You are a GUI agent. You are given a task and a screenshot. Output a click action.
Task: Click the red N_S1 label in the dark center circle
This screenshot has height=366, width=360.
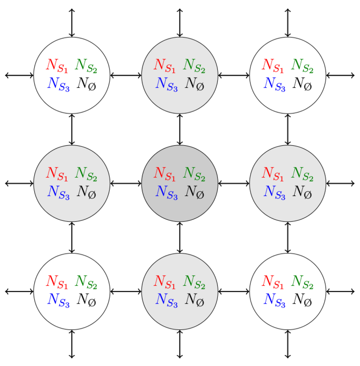(x=164, y=174)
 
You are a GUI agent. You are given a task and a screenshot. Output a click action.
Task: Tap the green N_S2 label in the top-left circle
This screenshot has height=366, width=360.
(x=86, y=66)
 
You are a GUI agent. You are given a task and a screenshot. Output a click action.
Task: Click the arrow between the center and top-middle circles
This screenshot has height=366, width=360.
(x=180, y=129)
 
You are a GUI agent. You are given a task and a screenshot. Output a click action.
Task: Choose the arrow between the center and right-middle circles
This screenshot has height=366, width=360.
(x=233, y=183)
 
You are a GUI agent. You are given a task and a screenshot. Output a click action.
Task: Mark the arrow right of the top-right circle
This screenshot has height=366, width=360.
(x=340, y=75)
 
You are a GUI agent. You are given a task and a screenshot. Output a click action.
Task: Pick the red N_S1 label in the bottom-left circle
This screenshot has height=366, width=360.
(x=56, y=282)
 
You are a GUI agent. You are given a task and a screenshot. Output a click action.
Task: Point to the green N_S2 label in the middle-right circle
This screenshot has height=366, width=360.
(x=302, y=174)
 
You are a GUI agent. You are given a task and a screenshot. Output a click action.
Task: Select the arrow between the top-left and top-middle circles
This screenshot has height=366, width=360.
(x=126, y=75)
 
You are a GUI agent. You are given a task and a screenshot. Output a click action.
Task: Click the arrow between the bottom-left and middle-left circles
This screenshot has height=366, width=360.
(x=72, y=237)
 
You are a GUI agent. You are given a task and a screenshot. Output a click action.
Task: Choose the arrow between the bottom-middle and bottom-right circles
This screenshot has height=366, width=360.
(x=233, y=291)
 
